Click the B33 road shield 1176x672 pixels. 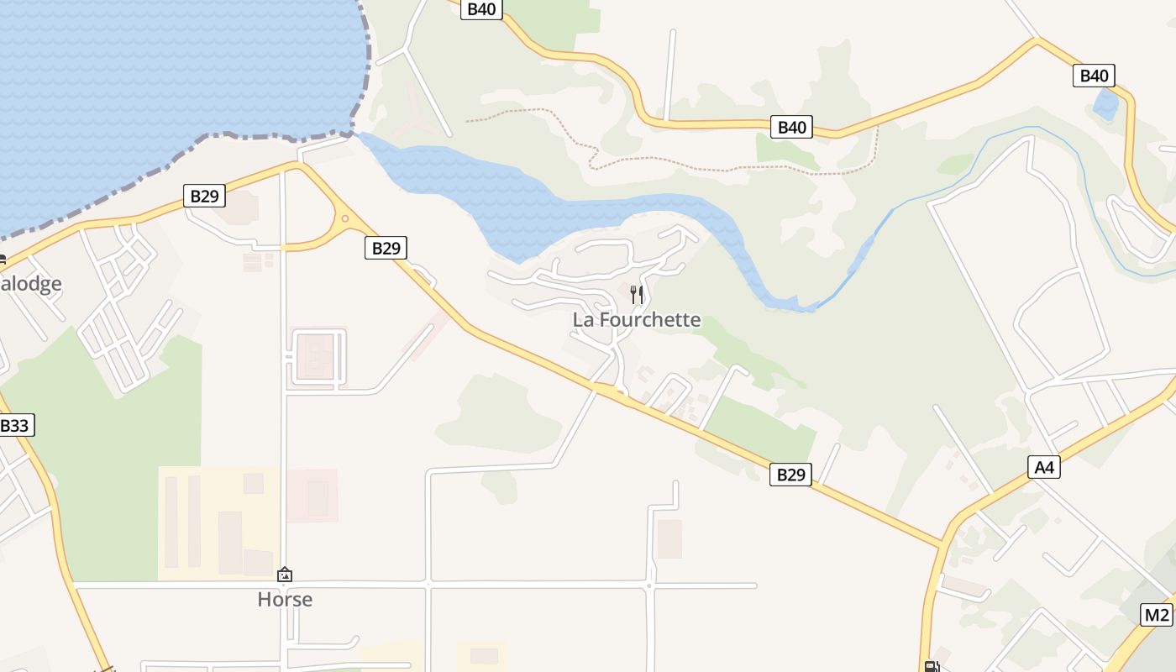click(14, 425)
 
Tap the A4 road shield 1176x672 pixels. click(1043, 466)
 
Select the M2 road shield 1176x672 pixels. click(1156, 615)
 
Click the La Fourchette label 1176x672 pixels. click(637, 320)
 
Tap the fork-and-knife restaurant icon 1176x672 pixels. click(637, 294)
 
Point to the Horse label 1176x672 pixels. click(285, 600)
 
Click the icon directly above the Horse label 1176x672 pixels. click(285, 575)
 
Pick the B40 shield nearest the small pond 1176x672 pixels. click(1094, 76)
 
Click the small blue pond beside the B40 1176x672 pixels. click(1105, 105)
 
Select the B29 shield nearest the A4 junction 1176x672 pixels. click(790, 475)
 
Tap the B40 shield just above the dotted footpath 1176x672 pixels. click(791, 128)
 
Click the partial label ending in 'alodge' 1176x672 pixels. click(31, 284)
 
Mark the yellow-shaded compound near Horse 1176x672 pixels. click(218, 522)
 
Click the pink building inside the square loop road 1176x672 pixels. click(316, 356)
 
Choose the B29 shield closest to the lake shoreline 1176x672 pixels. click(204, 197)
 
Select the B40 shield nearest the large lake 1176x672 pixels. click(482, 9)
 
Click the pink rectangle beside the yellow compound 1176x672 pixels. click(312, 496)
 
